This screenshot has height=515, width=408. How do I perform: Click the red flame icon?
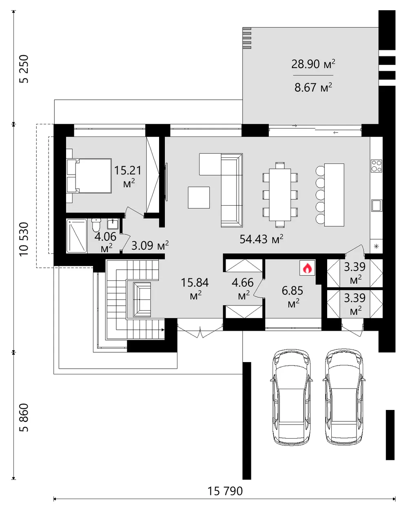pyautogui.click(x=307, y=268)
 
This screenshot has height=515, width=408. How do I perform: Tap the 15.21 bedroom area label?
pyautogui.click(x=128, y=176)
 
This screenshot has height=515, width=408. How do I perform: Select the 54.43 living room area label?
pyautogui.click(x=262, y=239)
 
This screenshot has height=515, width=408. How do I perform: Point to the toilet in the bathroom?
pyautogui.click(x=96, y=225)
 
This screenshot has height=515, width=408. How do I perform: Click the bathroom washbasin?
pyautogui.click(x=112, y=224)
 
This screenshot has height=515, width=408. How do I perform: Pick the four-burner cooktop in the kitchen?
pyautogui.click(x=376, y=166)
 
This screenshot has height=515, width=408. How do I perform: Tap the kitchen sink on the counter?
pyautogui.click(x=377, y=205)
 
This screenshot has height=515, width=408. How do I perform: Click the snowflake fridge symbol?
pyautogui.click(x=377, y=246)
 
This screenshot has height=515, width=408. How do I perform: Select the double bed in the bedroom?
pyautogui.click(x=89, y=176)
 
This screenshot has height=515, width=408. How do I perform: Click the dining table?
pyautogui.click(x=280, y=194)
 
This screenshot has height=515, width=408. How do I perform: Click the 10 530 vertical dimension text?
pyautogui.click(x=24, y=240)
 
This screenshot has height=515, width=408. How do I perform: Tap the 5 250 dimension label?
pyautogui.click(x=24, y=69)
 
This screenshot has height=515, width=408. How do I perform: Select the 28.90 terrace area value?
pyautogui.click(x=313, y=64)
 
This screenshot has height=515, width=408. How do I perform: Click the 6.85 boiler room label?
pyautogui.click(x=293, y=296)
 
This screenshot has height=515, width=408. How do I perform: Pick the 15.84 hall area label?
pyautogui.click(x=195, y=289)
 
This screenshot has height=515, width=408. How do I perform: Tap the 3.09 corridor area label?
pyautogui.click(x=150, y=245)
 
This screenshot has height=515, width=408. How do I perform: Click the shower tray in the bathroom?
pyautogui.click(x=76, y=236)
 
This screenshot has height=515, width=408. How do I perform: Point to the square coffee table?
pyautogui.click(x=199, y=197)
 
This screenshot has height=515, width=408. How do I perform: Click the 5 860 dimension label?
pyautogui.click(x=24, y=418)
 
